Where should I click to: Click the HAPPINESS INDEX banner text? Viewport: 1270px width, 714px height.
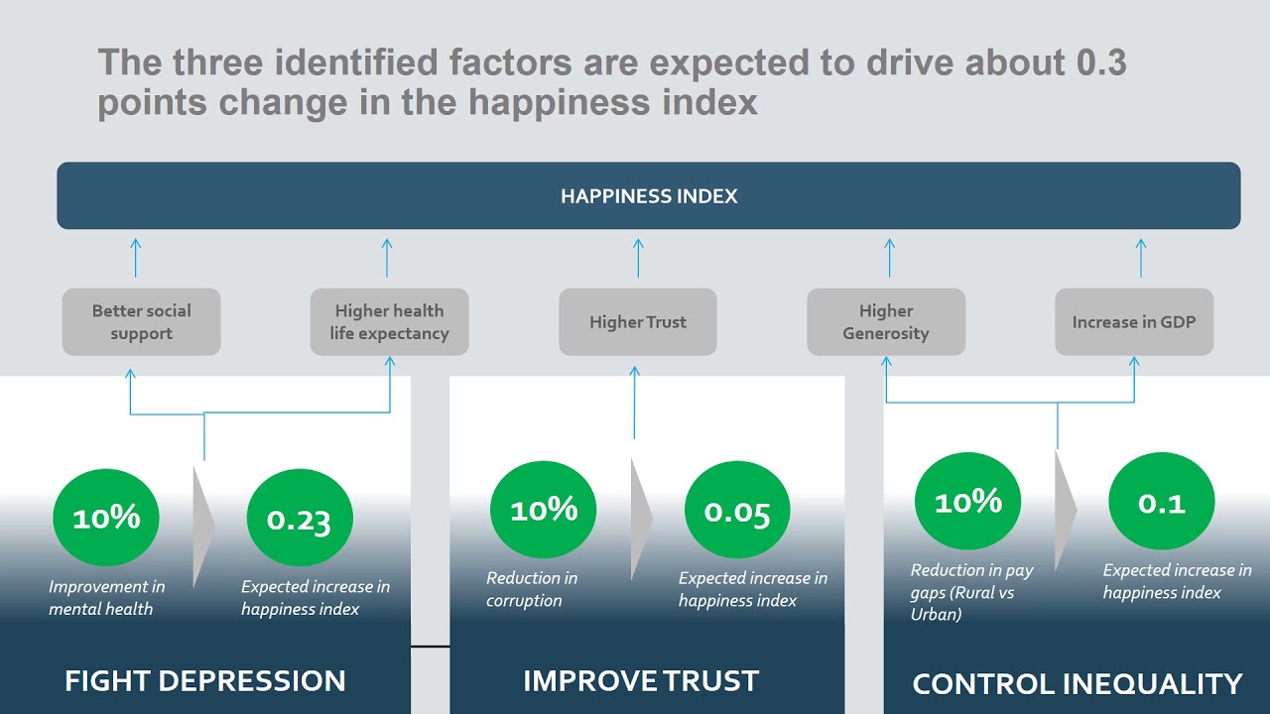tap(649, 196)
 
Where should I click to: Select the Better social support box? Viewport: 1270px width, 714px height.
tap(141, 322)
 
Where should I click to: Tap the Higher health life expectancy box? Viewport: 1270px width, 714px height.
tap(389, 322)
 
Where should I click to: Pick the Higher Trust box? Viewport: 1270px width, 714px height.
tap(638, 322)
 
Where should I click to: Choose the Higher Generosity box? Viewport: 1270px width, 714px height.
tap(886, 322)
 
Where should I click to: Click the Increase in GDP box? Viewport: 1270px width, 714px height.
tap(1134, 322)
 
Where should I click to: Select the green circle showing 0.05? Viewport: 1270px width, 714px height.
tap(737, 513)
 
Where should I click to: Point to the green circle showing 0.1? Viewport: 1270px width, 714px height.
tap(1161, 504)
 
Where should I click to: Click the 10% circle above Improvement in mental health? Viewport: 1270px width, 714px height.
tap(106, 518)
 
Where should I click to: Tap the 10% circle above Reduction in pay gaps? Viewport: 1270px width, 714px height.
tap(967, 502)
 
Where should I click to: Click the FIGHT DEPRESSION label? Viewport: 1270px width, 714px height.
tap(205, 681)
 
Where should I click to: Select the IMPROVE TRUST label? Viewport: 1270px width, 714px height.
tap(641, 681)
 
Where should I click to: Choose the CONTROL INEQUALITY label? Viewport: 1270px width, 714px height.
tap(1077, 684)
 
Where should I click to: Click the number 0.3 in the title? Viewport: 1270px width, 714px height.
tap(1101, 63)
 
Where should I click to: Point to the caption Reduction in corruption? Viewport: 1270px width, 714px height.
tap(532, 589)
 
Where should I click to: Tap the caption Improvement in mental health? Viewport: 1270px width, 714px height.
tap(106, 598)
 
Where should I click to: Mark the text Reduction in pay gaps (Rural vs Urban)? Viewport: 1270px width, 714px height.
tap(971, 592)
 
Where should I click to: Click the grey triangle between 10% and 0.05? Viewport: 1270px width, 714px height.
tap(641, 518)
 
